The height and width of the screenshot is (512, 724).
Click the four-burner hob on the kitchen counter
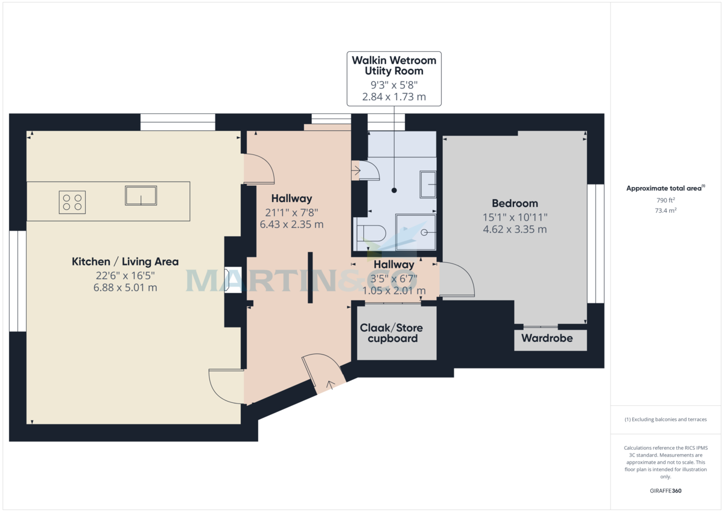(72, 202)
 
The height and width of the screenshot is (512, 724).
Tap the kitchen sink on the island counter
(141, 195)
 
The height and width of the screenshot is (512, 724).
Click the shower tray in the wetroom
(415, 232)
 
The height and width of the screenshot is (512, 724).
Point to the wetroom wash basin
(428, 184)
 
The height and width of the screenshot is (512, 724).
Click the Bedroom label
(515, 203)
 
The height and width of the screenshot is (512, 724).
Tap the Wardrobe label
(547, 338)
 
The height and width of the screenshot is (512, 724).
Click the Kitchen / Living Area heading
(125, 262)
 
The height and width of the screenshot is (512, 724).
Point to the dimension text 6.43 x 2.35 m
(291, 224)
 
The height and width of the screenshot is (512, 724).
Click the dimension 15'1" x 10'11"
(515, 217)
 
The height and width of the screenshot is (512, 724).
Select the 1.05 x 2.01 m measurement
(393, 291)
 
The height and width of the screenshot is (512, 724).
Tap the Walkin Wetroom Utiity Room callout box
(394, 78)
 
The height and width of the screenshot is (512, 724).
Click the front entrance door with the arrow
(323, 374)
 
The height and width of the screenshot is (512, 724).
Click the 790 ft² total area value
(665, 200)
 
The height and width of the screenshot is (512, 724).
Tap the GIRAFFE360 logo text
(665, 491)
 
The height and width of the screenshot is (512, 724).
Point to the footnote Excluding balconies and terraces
(665, 419)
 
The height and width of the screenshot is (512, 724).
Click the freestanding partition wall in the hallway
(310, 277)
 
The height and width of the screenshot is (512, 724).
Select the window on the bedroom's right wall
(595, 243)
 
